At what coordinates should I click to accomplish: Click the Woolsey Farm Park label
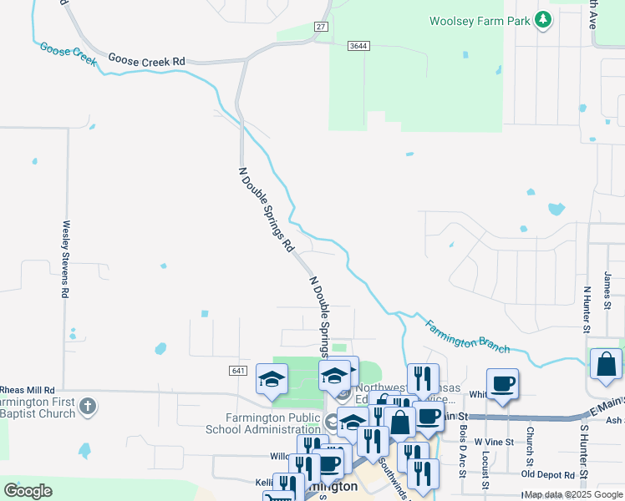click(x=480, y=21)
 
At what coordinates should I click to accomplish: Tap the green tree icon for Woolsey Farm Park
click(x=543, y=19)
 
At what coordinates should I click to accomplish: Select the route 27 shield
click(x=321, y=28)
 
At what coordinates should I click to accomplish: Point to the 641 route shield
click(x=239, y=370)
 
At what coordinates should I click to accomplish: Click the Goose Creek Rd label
click(x=147, y=61)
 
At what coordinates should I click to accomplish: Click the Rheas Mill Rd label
click(x=28, y=390)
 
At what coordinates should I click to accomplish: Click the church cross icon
click(x=88, y=407)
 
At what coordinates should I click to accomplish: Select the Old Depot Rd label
click(x=549, y=474)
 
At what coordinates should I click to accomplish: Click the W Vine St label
click(x=491, y=441)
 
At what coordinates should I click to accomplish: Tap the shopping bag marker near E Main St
click(x=606, y=364)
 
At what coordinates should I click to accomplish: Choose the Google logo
click(x=28, y=491)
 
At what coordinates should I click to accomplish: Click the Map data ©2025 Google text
click(x=572, y=495)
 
